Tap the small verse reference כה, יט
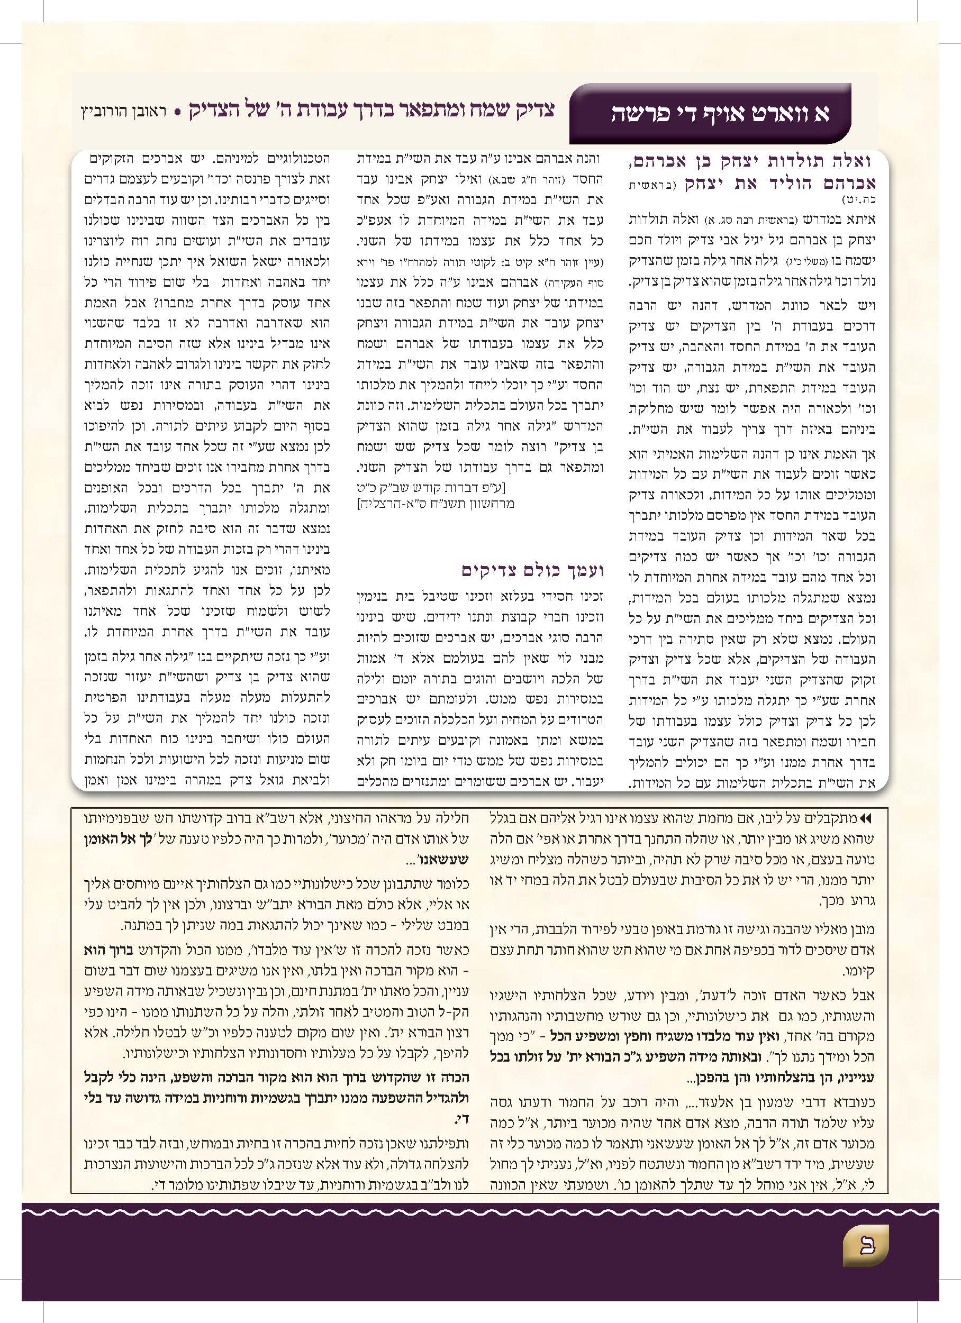pyautogui.click(x=863, y=200)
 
